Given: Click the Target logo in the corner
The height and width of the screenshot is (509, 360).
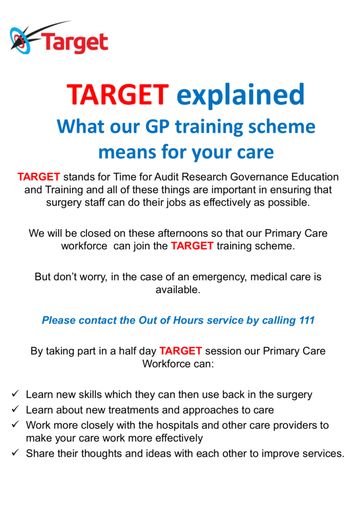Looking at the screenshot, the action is pyautogui.click(x=59, y=38).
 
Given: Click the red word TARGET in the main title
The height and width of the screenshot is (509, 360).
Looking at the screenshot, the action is pyautogui.click(x=117, y=95).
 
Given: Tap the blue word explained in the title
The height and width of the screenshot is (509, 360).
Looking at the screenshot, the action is pyautogui.click(x=241, y=95).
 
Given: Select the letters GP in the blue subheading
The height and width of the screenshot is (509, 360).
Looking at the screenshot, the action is pyautogui.click(x=157, y=126).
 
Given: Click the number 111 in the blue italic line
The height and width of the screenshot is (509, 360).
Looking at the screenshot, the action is pyautogui.click(x=307, y=321).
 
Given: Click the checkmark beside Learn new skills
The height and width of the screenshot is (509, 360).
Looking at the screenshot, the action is pyautogui.click(x=15, y=394).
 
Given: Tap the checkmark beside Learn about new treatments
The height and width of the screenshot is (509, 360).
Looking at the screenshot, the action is pyautogui.click(x=15, y=409).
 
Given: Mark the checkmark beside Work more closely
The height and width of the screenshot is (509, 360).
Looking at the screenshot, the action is pyautogui.click(x=15, y=424).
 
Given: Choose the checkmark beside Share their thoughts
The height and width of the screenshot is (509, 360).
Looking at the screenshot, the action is pyautogui.click(x=15, y=452).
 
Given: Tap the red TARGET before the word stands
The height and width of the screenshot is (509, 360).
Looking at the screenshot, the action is pyautogui.click(x=39, y=177).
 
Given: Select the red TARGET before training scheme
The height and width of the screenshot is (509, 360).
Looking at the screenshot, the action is pyautogui.click(x=192, y=246).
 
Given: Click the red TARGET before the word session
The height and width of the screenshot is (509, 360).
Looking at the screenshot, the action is pyautogui.click(x=181, y=351).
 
